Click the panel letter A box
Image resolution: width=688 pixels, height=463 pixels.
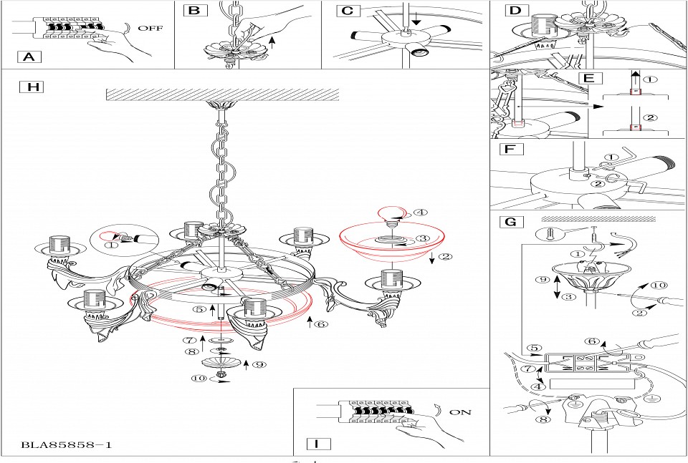[x=28, y=57]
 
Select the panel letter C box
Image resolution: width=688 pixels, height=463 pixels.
[x=347, y=11]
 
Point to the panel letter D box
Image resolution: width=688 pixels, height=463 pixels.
[x=515, y=11]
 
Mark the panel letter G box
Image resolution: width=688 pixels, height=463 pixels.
[x=510, y=221]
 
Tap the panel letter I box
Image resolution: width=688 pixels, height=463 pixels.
[x=316, y=444]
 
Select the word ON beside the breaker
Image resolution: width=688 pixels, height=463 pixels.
[x=460, y=413]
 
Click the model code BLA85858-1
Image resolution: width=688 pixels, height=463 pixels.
[x=67, y=445]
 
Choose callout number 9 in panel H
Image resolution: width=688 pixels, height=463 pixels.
[x=260, y=364]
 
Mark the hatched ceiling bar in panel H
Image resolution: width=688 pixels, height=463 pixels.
[x=222, y=94]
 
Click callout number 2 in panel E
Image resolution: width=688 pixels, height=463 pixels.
[x=650, y=117]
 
